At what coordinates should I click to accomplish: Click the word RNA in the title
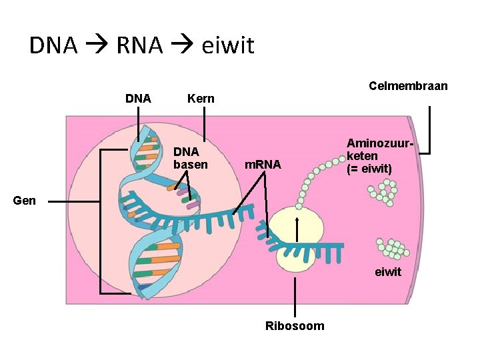click(139, 45)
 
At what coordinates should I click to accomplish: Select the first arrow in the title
click(97, 46)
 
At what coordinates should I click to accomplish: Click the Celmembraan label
click(408, 86)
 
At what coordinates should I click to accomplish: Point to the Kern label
click(201, 99)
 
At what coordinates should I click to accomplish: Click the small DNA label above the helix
click(138, 98)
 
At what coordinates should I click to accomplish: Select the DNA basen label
click(190, 158)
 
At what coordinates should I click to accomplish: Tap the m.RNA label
click(263, 164)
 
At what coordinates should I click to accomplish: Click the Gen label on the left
click(24, 200)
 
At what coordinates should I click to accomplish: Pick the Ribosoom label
click(295, 326)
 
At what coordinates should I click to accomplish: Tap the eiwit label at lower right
click(388, 271)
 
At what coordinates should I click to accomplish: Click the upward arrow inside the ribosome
click(296, 230)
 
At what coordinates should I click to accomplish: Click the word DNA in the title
click(53, 45)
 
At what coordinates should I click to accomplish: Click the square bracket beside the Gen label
click(101, 221)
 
